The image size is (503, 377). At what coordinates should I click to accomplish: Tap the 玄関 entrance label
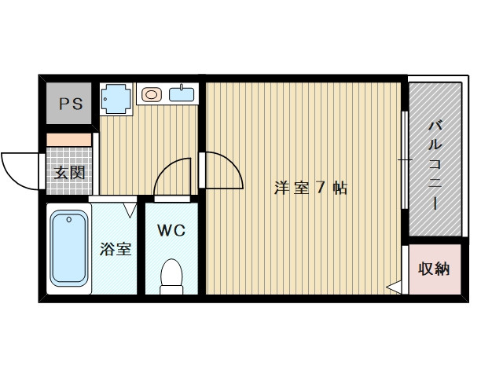pos(69,173)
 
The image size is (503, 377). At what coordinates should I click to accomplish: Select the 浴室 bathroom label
pos(115,250)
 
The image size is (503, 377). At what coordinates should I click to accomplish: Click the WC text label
pos(171,230)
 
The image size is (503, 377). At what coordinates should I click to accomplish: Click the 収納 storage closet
pos(433,269)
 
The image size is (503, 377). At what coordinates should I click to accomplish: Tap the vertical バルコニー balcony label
pos(434,165)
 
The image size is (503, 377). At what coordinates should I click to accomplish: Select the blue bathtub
pos(68,249)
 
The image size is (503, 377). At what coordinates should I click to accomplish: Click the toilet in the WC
pos(171,277)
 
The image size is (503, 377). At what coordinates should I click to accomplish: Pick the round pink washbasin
pos(152,96)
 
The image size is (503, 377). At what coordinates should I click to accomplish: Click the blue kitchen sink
pos(182,95)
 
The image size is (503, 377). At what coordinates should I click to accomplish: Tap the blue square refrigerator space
pos(117,99)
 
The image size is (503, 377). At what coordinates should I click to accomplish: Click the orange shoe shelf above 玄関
pos(69,139)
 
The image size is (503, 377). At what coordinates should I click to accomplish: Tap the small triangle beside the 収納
pos(393,288)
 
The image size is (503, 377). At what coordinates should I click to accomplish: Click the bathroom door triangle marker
pos(130,210)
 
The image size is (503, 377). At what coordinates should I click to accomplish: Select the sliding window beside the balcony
pos(405,161)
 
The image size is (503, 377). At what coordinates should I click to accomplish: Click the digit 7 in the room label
pos(320,188)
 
